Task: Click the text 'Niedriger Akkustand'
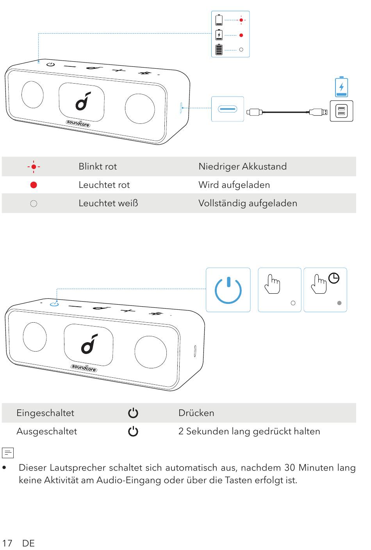point(242,166)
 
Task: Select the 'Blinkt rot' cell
point(98,166)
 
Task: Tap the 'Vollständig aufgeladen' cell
point(248,203)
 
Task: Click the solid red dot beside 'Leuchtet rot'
point(34,185)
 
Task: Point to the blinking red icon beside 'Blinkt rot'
point(34,167)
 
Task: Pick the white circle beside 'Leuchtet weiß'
point(34,204)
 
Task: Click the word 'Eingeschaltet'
point(45,413)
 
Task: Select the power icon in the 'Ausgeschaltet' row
point(133,432)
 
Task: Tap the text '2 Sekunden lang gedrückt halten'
point(249,431)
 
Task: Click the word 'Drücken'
point(196,413)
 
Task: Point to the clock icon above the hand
point(334,278)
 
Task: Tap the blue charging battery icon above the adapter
point(341,87)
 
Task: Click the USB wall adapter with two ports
point(341,111)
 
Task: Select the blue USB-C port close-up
point(227,109)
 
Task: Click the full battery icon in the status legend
point(219,50)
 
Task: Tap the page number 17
point(7,543)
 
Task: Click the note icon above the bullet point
point(8,453)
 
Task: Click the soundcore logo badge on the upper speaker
point(78,124)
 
